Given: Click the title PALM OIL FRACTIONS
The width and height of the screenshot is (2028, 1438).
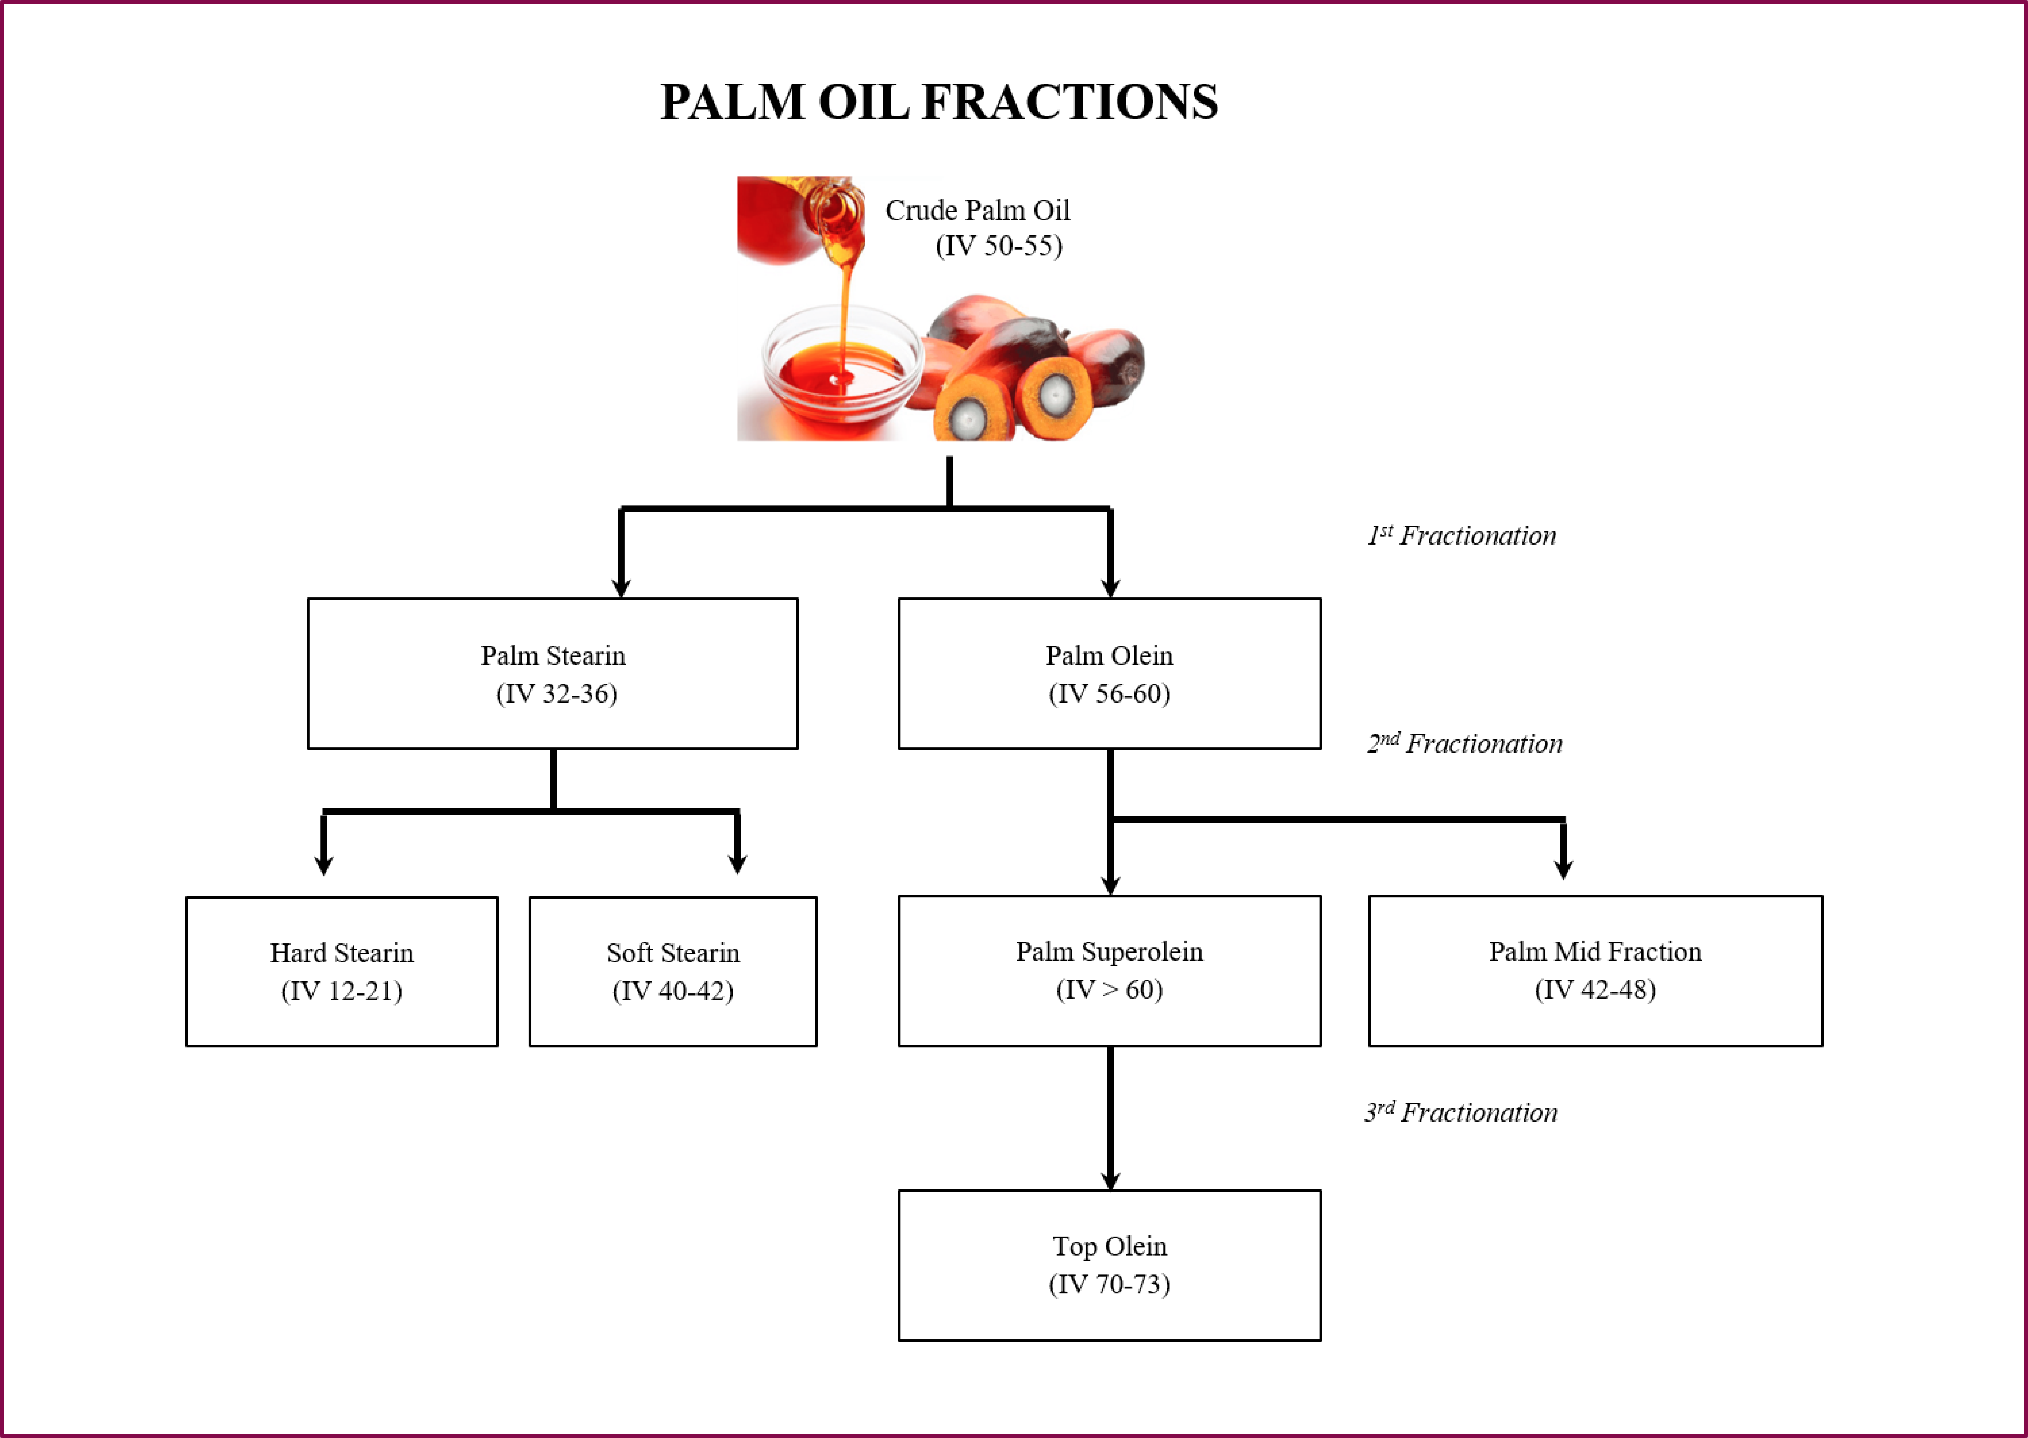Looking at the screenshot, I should (939, 102).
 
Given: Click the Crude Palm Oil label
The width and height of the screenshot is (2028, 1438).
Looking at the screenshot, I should (978, 211).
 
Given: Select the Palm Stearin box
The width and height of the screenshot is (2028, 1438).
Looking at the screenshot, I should (553, 674).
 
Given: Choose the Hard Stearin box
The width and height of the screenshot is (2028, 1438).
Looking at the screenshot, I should (342, 971).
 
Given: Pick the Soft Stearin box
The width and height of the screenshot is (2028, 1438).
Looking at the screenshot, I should (673, 971).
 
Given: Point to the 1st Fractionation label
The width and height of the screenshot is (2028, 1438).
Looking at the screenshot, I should (1461, 536).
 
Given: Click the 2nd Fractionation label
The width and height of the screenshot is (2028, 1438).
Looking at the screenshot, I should (1465, 744).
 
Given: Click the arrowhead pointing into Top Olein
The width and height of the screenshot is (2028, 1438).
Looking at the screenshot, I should (1111, 1181).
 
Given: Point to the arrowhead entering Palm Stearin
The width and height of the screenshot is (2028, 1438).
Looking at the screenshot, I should (622, 588).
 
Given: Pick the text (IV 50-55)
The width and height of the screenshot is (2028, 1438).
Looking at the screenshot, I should (999, 246).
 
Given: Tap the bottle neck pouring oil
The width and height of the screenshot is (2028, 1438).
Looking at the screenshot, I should (837, 213).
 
